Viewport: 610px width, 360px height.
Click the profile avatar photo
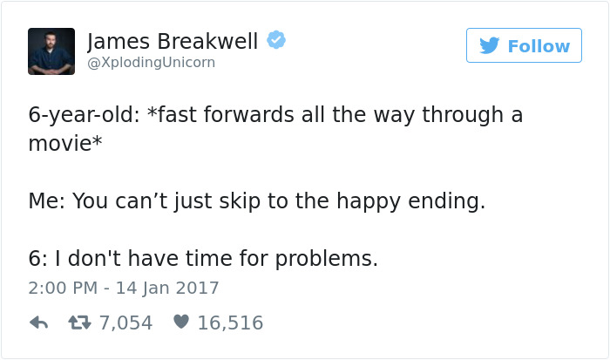(51, 51)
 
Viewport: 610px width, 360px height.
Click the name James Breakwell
(173, 40)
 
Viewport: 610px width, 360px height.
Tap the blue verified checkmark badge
(276, 40)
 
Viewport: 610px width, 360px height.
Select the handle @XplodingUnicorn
(151, 63)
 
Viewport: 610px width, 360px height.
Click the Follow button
(524, 45)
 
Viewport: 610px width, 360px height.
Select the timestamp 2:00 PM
(63, 287)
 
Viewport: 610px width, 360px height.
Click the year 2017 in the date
(198, 287)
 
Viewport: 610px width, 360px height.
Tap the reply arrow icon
(38, 323)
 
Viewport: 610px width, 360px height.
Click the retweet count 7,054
(125, 323)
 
